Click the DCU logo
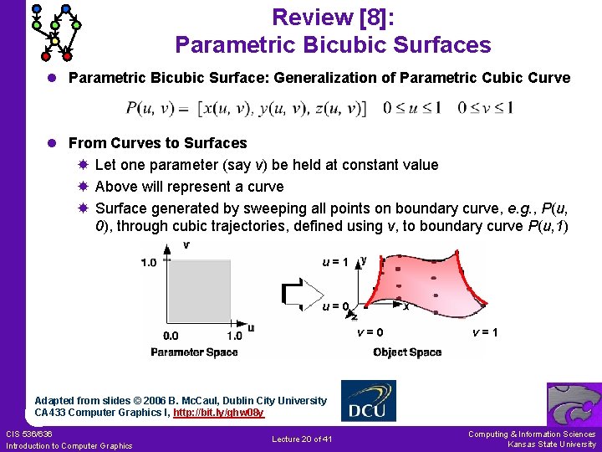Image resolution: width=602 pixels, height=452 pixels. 369,402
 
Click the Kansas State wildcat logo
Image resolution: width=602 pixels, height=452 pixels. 574,404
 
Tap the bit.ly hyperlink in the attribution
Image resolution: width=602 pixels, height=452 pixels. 218,413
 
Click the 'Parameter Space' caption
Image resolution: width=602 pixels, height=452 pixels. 194,352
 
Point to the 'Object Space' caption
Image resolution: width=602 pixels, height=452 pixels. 407,352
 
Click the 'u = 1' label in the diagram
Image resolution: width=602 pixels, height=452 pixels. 335,261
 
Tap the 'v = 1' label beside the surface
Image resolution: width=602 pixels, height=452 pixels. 485,332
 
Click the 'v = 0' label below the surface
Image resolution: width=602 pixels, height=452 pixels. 370,332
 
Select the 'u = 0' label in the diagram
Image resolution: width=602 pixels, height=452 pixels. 335,306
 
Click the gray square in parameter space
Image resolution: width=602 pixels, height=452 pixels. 200,292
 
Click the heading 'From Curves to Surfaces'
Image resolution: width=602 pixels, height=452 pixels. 157,143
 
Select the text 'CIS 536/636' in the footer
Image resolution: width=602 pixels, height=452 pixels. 29,434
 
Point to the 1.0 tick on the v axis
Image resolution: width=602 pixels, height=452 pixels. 148,263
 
